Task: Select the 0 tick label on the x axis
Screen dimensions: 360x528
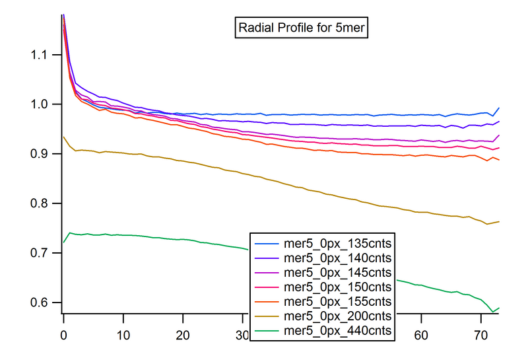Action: point(63,336)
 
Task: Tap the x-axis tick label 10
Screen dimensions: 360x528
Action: point(123,336)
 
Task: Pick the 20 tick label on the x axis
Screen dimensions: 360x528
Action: point(182,336)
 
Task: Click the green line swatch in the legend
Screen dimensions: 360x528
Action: point(267,330)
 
